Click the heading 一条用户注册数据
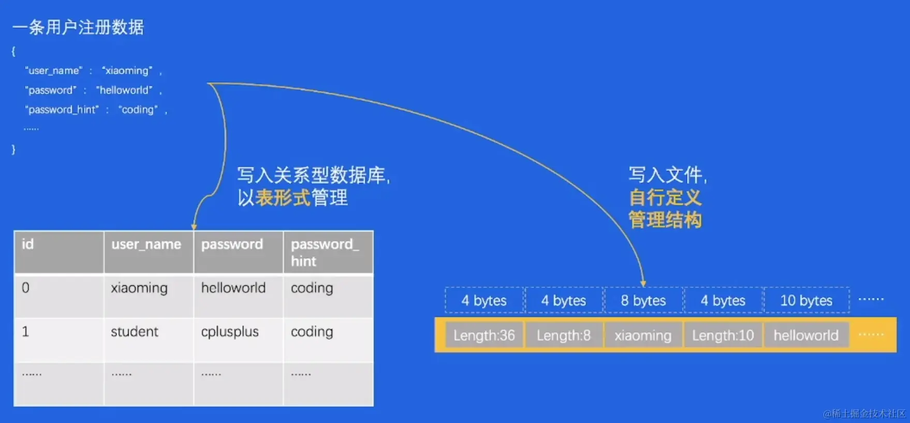coord(78,27)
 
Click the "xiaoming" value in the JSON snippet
coord(127,70)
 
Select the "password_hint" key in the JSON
coord(62,110)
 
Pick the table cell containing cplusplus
coord(230,332)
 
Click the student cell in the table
coord(135,332)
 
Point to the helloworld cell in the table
coord(233,288)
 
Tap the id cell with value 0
coord(26,288)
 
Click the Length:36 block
coord(484,336)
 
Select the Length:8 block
coord(564,336)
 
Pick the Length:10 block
coord(723,336)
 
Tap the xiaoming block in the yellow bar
coord(643,336)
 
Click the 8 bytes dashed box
coord(643,301)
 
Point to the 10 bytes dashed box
coord(806,301)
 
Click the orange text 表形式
coord(283,198)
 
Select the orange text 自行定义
coord(665,198)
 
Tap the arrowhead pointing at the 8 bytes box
coord(643,283)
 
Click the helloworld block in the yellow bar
coord(806,336)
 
